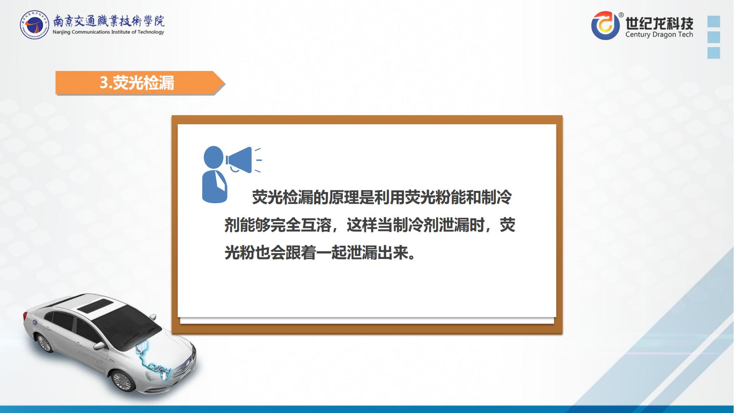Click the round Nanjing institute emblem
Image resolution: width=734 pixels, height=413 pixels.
(x=35, y=25)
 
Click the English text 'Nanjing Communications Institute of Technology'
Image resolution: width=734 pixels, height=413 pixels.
(x=108, y=32)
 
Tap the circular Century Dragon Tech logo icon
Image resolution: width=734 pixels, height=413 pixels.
(x=605, y=26)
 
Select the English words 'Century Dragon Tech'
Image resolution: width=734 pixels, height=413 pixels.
(x=659, y=35)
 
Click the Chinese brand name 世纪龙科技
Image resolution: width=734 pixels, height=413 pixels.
(x=659, y=23)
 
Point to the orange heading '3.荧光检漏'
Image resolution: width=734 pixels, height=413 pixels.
(x=137, y=83)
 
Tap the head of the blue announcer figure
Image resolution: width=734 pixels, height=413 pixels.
(x=213, y=157)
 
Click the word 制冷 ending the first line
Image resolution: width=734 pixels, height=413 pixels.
(x=497, y=197)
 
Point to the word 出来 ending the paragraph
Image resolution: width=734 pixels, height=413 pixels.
(x=392, y=253)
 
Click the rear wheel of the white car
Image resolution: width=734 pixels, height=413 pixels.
(x=44, y=342)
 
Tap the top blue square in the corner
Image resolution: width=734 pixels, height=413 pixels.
(x=714, y=21)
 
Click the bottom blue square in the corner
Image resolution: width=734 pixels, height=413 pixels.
(x=714, y=53)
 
